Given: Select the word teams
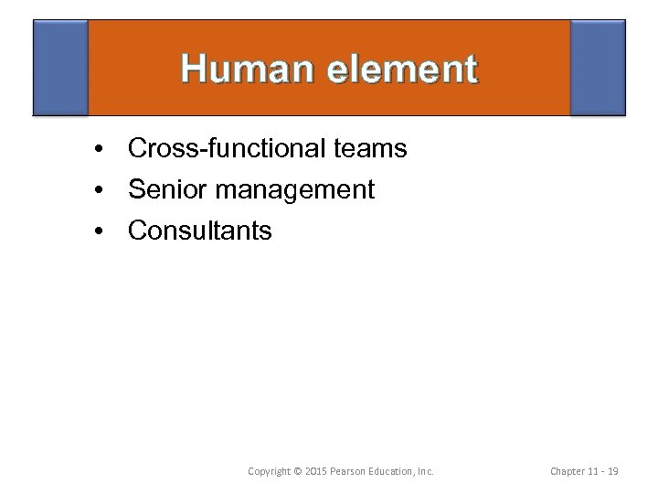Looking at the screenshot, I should [x=375, y=147].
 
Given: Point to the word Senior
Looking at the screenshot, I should [x=165, y=189].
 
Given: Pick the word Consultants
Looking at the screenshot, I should [x=200, y=231].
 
